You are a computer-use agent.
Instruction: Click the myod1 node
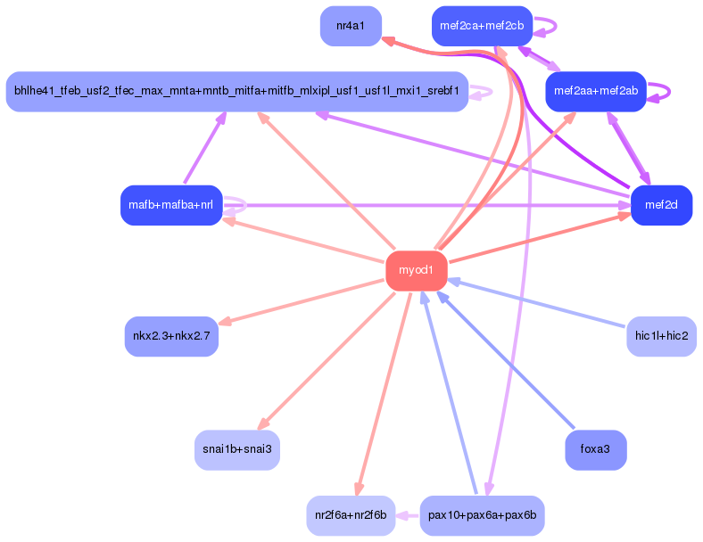point(416,270)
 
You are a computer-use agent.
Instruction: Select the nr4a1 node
point(351,26)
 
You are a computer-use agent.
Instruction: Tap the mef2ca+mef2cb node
point(482,26)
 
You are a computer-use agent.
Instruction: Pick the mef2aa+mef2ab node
point(595,91)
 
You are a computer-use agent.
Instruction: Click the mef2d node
point(661,206)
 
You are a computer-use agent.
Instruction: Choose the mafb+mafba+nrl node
point(170,206)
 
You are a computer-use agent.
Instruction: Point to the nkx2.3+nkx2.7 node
point(171,336)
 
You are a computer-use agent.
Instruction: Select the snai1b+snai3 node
point(236,449)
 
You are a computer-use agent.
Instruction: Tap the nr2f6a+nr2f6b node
point(351,515)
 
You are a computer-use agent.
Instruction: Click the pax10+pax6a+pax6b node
point(482,515)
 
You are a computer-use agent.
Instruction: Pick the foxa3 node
point(595,449)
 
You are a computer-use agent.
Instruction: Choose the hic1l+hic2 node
point(661,336)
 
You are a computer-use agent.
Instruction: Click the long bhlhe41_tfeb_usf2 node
point(236,91)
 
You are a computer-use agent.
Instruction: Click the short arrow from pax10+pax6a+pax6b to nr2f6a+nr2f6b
point(408,515)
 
